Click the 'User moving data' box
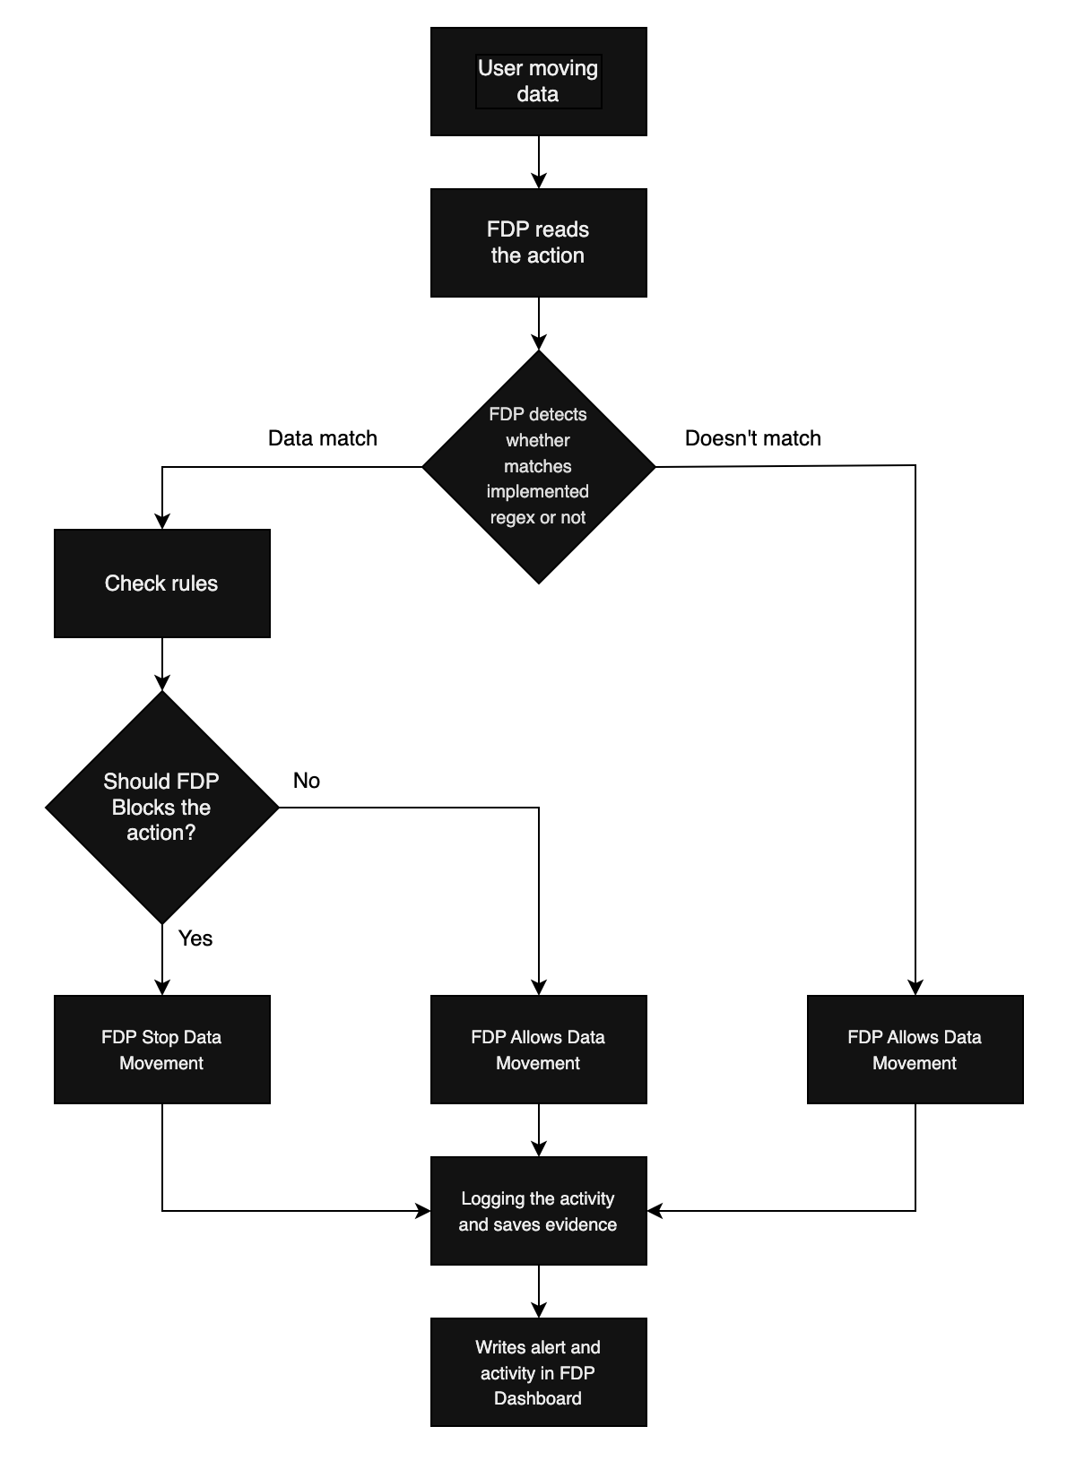538,82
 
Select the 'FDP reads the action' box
538,243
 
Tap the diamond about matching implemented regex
538,466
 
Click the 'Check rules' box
161,584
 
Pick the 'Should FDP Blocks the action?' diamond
161,807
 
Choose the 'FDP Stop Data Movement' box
161,1050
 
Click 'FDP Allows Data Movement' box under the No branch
538,1050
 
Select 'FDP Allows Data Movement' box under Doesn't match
915,1050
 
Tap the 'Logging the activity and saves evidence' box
538,1211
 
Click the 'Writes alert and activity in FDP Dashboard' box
538,1372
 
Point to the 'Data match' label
323,438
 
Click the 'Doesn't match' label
752,438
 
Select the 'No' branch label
307,781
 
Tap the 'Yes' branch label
195,938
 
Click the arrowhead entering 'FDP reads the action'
538,181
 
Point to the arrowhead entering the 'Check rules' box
162,522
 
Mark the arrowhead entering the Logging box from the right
655,1211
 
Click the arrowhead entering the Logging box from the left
423,1211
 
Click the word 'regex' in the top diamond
512,518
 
